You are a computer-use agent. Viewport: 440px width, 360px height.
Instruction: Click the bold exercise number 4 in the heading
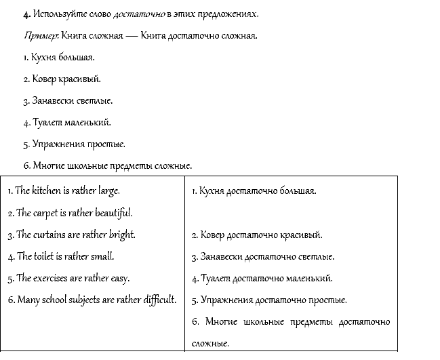pyautogui.click(x=26, y=14)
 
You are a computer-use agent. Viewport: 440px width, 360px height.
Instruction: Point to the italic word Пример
pyautogui.click(x=37, y=36)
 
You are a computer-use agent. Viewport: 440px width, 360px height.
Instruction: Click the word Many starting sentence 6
pyautogui.click(x=28, y=300)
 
